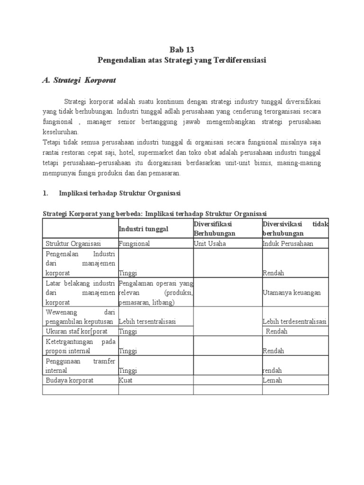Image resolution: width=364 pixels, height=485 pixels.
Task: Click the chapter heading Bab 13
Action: [x=182, y=50]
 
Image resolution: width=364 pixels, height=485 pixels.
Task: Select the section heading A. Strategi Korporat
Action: [x=79, y=81]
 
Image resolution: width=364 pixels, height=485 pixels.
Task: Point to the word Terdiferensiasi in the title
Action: [x=239, y=60]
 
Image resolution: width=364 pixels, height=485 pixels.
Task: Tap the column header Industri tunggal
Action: [x=144, y=229]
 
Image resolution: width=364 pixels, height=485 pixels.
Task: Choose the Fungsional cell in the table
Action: [x=135, y=243]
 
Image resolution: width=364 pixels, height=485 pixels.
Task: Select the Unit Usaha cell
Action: [x=210, y=243]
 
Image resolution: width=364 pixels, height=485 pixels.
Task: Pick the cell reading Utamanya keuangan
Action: [x=291, y=293]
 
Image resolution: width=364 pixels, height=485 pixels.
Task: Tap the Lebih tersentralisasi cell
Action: [x=148, y=322]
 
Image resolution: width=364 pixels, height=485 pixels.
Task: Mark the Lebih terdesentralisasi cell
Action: [x=294, y=322]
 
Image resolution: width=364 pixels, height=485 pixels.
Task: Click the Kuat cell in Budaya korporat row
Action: [x=126, y=380]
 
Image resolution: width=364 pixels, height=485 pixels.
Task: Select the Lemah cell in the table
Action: [x=272, y=380]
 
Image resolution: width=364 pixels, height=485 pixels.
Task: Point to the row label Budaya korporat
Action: [x=70, y=380]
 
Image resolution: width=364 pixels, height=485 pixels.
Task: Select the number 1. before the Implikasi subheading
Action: [x=46, y=193]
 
